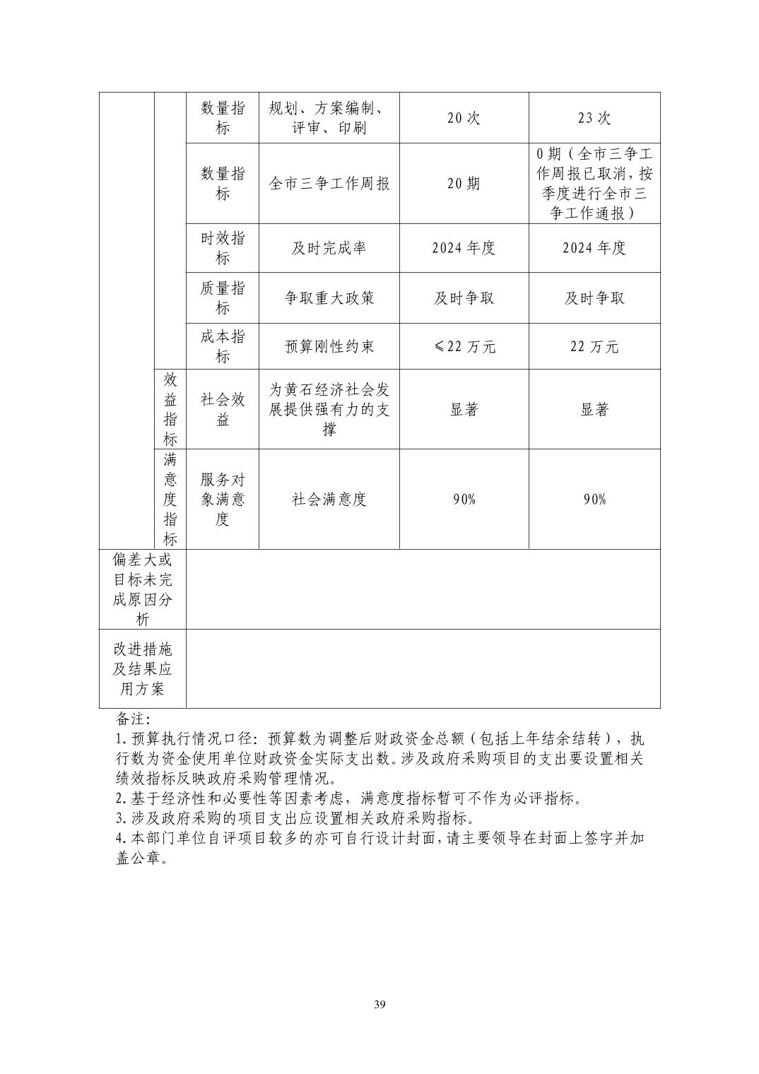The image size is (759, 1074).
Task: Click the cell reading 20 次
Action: pos(464,118)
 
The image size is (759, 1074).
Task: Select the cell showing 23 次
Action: pos(594,118)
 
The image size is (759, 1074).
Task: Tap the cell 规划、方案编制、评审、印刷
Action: pos(329,118)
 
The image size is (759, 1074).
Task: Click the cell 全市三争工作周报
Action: pos(329,184)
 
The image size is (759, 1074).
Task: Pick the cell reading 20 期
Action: pos(464,184)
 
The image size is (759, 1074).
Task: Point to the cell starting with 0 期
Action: pos(594,184)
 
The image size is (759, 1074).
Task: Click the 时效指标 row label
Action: pos(223,248)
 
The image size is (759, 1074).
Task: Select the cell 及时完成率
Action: pos(329,248)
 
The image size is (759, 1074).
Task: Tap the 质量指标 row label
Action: pos(223,297)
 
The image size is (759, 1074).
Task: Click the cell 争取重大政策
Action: pos(329,297)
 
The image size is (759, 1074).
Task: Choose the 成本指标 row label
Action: pos(223,346)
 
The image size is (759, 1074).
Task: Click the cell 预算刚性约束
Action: pos(329,346)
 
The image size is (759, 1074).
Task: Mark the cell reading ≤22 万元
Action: pos(464,346)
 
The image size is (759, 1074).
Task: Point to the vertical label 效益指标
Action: pos(170,409)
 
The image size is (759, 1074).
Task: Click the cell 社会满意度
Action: pos(329,500)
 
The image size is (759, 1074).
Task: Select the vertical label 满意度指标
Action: pos(170,500)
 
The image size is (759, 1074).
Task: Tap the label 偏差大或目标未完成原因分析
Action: pos(143,589)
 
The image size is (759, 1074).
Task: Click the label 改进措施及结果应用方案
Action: pos(143,668)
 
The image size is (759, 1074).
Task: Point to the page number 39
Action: pos(380,1005)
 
